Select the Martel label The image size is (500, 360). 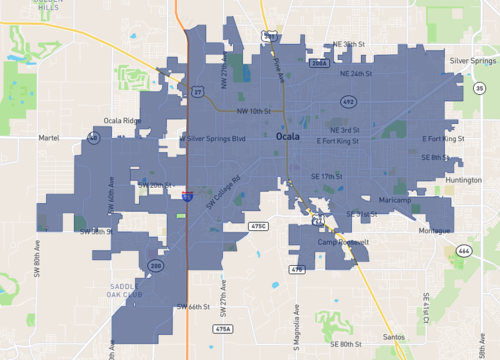(x=49, y=137)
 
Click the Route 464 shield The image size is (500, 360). (x=463, y=249)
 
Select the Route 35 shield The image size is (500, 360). (x=479, y=90)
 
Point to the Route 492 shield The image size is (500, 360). (x=348, y=101)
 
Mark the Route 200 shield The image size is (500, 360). (x=156, y=265)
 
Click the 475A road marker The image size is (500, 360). (x=223, y=328)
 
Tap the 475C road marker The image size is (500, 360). (x=258, y=227)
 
